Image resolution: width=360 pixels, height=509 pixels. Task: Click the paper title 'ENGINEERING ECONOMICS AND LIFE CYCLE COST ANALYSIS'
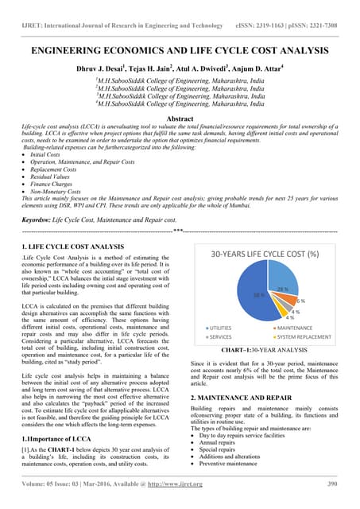[x=180, y=50]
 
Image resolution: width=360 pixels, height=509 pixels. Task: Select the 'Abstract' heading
[x=180, y=118]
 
